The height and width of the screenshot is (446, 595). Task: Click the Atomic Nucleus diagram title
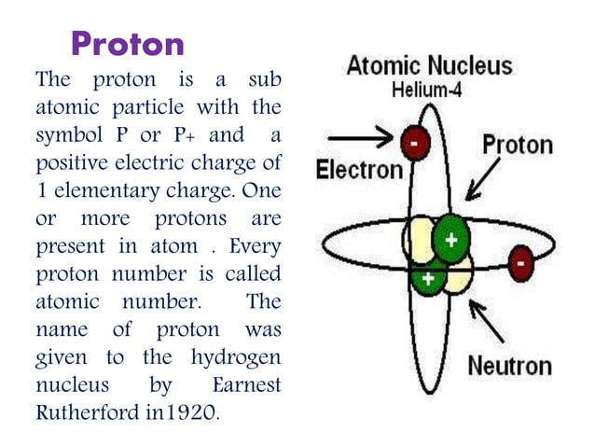[x=429, y=67]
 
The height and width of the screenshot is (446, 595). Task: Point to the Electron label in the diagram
[x=359, y=170]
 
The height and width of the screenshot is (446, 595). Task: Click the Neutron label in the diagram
[x=509, y=365]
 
